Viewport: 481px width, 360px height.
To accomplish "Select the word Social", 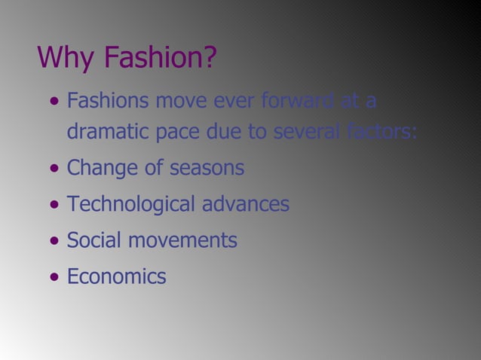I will [91, 241].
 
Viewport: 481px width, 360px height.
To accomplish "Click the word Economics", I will [117, 277].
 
